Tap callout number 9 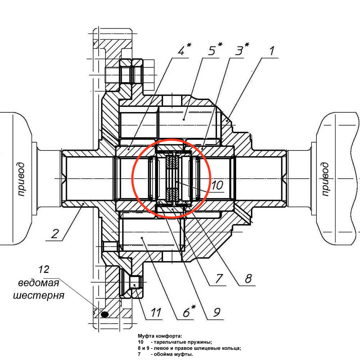pyautogui.click(x=215, y=313)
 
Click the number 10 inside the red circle pyautogui.click(x=217, y=185)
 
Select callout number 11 pyautogui.click(x=155, y=313)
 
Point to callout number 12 pyautogui.click(x=44, y=270)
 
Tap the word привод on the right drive pyautogui.click(x=325, y=179)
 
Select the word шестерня pyautogui.click(x=39, y=296)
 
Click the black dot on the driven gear pyautogui.click(x=105, y=314)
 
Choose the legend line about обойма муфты pyautogui.click(x=166, y=354)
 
